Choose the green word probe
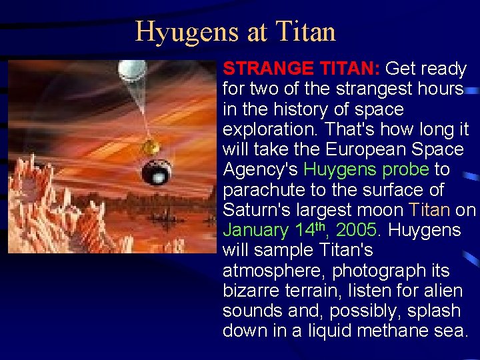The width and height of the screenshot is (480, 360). click(x=405, y=169)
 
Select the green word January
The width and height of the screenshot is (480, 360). click(x=255, y=230)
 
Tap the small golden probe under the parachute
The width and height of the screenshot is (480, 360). click(x=152, y=146)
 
